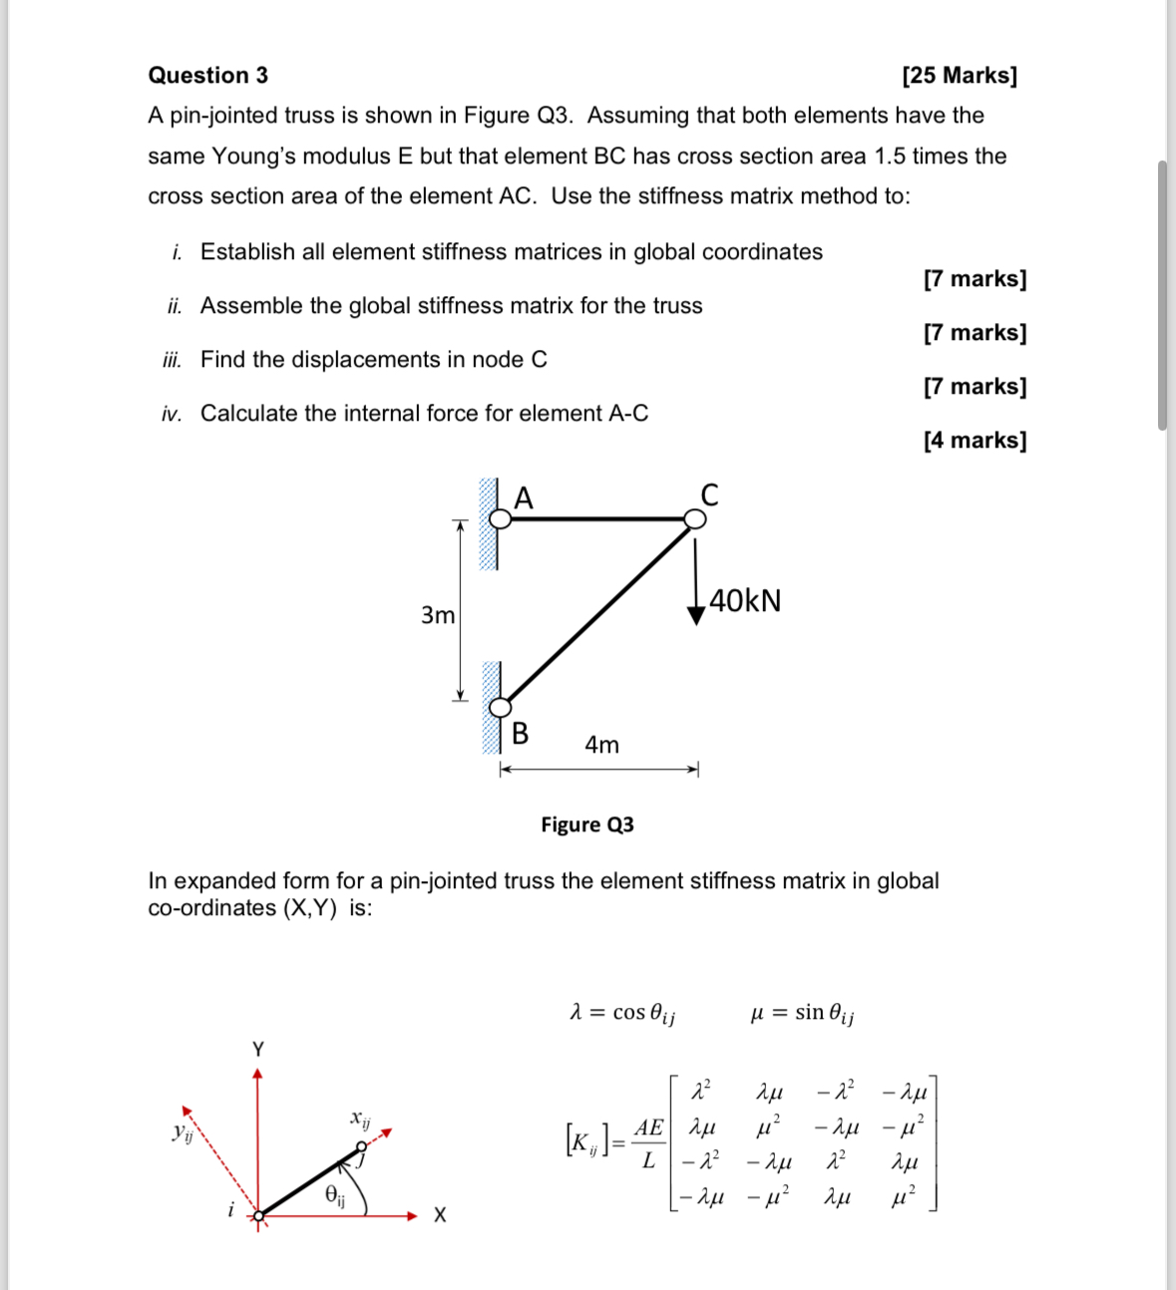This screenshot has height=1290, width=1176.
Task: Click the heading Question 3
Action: (x=207, y=76)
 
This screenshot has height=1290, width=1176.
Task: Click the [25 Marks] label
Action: (x=959, y=76)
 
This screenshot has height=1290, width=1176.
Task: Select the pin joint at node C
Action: (x=694, y=518)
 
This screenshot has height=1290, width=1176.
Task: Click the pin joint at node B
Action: (x=500, y=706)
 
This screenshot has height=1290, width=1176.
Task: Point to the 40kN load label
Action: (x=745, y=601)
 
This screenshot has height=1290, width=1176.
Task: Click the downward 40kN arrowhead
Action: (x=696, y=614)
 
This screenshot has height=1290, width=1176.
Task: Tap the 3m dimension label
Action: (x=437, y=615)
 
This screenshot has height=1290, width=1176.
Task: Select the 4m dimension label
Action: (x=601, y=745)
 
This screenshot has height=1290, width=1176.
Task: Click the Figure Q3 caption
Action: (x=587, y=824)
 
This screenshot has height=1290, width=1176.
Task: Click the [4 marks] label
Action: (x=975, y=440)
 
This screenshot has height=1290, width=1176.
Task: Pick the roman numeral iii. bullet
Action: (x=172, y=360)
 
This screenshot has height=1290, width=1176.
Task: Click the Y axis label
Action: (x=258, y=1049)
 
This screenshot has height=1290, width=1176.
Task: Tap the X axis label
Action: (x=440, y=1215)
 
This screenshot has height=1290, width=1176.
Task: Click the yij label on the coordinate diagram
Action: (x=183, y=1132)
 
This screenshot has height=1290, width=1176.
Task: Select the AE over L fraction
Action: (x=648, y=1143)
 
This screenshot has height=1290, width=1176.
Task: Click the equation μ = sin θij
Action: (x=801, y=1014)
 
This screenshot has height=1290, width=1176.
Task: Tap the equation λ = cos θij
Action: (x=621, y=1014)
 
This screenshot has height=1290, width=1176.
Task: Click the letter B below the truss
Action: (x=520, y=734)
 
